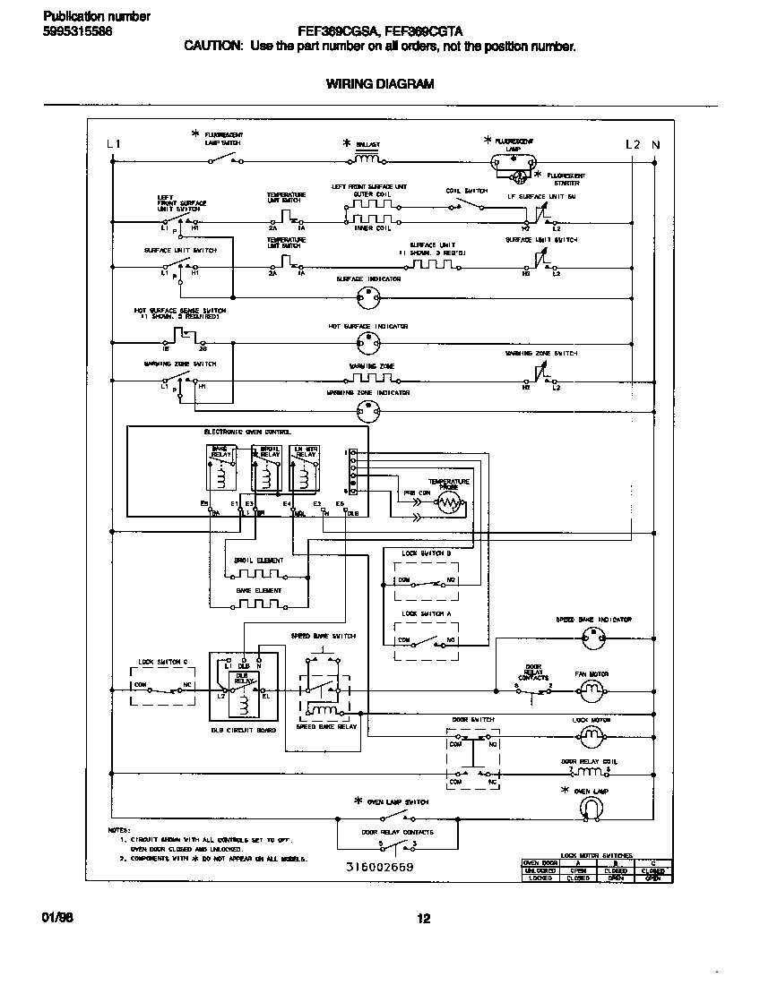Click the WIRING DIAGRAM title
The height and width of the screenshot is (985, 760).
379,84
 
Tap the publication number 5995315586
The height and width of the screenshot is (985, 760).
77,31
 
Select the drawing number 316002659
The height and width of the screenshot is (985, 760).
379,868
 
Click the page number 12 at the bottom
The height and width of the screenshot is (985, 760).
424,917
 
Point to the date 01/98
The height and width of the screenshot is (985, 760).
56,917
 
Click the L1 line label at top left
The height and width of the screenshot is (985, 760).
112,144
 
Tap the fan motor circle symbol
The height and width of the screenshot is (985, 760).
591,689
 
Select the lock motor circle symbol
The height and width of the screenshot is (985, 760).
591,736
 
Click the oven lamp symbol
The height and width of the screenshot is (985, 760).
591,808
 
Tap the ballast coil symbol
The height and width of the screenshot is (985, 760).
367,160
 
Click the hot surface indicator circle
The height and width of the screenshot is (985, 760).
367,342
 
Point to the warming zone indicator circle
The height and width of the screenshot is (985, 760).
367,410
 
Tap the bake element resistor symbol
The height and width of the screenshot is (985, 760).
258,604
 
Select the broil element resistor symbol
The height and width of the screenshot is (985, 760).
258,572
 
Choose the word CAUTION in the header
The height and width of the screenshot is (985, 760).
212,46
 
